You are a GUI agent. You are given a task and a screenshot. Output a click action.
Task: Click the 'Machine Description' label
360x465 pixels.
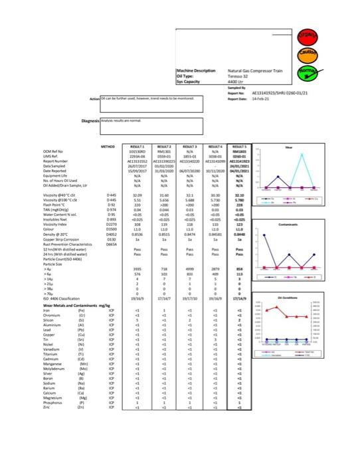197,71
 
